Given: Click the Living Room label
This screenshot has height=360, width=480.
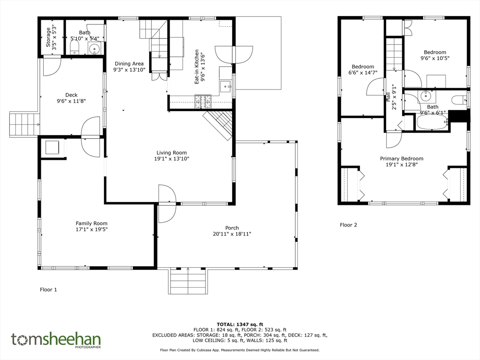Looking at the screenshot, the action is pyautogui.click(x=172, y=153).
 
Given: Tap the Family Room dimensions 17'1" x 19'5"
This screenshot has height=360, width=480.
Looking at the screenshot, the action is pyautogui.click(x=91, y=229).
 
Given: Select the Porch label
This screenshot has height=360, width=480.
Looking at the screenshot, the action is pyautogui.click(x=232, y=228).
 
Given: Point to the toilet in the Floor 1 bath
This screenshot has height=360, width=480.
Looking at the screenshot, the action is pyautogui.click(x=75, y=48).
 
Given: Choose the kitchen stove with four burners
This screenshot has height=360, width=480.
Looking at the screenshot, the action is pyautogui.click(x=203, y=102).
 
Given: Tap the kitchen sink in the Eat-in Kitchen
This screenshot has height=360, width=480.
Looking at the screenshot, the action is pyautogui.click(x=226, y=87).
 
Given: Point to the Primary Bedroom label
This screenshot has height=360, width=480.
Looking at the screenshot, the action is pyautogui.click(x=402, y=158).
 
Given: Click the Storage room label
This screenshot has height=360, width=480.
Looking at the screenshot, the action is pyautogui.click(x=48, y=37).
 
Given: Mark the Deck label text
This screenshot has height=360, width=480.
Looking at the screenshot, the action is pyautogui.click(x=71, y=95).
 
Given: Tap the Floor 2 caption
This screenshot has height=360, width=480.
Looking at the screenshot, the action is pyautogui.click(x=348, y=225).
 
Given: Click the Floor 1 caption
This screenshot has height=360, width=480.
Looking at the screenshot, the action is pyautogui.click(x=48, y=290).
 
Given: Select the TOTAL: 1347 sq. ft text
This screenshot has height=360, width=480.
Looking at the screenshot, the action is pyautogui.click(x=240, y=324).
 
